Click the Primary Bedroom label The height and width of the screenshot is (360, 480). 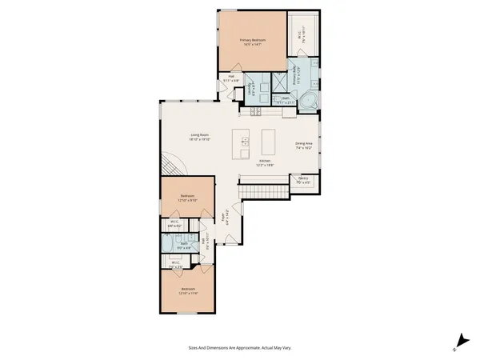coord(253,42)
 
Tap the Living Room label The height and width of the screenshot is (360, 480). coord(199,137)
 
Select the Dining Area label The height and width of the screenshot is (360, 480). coord(305,146)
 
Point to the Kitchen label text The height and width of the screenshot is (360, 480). coord(265,162)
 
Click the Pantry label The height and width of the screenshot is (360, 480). coord(303,182)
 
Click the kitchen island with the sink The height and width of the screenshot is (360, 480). coord(242,144)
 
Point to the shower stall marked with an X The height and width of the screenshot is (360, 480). coord(281,83)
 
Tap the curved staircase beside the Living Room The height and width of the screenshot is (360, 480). coord(170,164)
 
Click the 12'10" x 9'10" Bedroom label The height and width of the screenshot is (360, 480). coord(187,198)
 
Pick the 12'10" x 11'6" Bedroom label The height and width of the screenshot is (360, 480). coord(188,290)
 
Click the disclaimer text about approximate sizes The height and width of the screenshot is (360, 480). coord(240,348)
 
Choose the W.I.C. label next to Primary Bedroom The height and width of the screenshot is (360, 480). coord(300,36)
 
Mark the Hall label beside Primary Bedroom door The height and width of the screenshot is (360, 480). coord(227,79)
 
